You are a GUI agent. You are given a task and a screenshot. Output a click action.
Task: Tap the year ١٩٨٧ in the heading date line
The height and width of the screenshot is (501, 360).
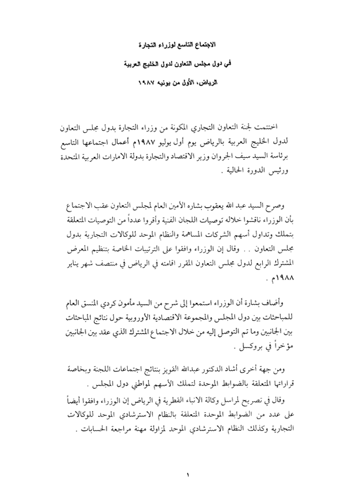pos(148,85)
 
